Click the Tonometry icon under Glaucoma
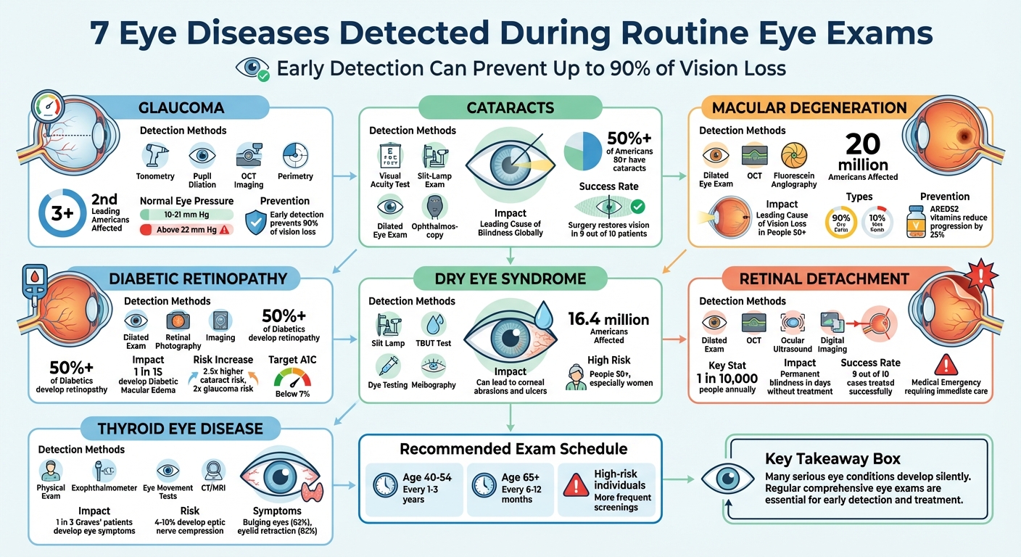[154, 156]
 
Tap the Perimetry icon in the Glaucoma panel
[295, 155]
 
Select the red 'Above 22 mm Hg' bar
[186, 229]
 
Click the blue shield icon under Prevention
[255, 223]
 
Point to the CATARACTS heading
[510, 108]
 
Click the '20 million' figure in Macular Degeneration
[862, 152]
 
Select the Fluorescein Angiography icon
[794, 156]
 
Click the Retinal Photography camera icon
[178, 321]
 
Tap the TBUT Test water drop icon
[434, 323]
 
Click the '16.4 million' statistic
[608, 319]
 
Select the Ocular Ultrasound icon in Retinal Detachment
[793, 323]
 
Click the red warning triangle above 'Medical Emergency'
[946, 364]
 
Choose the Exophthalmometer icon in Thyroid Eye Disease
[104, 471]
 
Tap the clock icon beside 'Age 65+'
[483, 484]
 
